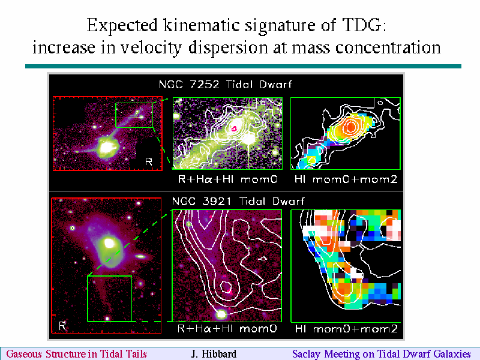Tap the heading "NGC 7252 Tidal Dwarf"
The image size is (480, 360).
pyautogui.click(x=226, y=84)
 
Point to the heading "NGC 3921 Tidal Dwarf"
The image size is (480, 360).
pyautogui.click(x=238, y=201)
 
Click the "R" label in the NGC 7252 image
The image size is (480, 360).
pyautogui.click(x=149, y=161)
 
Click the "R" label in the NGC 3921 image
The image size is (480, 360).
pyautogui.click(x=62, y=326)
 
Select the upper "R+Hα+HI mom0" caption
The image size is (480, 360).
pyautogui.click(x=228, y=179)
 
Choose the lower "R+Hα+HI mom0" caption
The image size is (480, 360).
pyautogui.click(x=227, y=329)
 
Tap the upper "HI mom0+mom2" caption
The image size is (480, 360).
pyautogui.click(x=346, y=179)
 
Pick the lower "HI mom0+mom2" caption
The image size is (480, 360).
pyautogui.click(x=346, y=329)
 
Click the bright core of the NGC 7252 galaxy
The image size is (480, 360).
pyautogui.click(x=107, y=148)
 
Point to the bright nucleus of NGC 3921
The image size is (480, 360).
pyautogui.click(x=109, y=244)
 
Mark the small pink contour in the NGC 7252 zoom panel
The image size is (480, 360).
pyautogui.click(x=234, y=128)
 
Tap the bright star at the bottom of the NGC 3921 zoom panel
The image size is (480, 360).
pyautogui.click(x=221, y=314)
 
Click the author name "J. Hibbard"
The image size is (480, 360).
pyautogui.click(x=214, y=354)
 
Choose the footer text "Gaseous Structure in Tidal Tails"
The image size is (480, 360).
pyautogui.click(x=77, y=354)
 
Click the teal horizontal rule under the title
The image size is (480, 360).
pyautogui.click(x=243, y=67)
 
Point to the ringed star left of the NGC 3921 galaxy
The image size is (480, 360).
pyautogui.click(x=72, y=228)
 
